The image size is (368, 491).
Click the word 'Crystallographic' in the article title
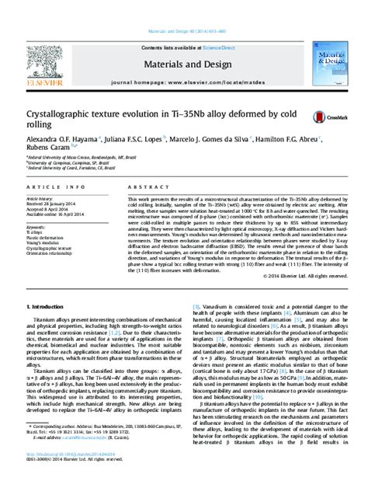[60, 113]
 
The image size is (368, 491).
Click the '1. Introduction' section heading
[47, 287]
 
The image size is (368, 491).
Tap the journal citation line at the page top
[185, 10]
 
